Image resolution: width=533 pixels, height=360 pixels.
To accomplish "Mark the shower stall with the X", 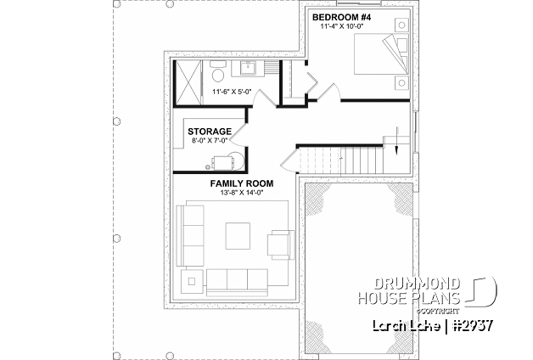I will (x=188, y=82).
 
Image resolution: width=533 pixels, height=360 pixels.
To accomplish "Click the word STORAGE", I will (x=210, y=132).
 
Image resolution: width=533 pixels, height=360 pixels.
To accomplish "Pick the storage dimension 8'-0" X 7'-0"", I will (x=210, y=142).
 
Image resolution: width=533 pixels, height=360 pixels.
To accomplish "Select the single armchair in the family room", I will (x=279, y=245).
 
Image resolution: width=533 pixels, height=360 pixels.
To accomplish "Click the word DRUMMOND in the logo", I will (x=418, y=283).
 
